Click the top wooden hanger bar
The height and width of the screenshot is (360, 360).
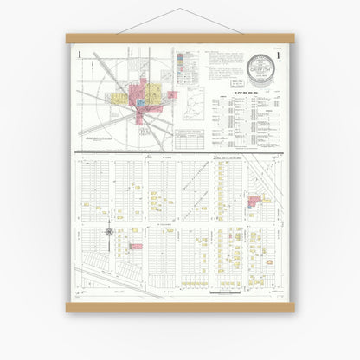180,38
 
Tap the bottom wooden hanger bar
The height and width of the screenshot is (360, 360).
180,307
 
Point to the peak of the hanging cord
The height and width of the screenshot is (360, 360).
181,10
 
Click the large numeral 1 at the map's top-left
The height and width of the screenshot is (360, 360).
79,55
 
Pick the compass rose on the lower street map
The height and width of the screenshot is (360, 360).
109,232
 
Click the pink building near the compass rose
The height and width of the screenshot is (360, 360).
136,247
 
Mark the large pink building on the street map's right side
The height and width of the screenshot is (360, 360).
254,201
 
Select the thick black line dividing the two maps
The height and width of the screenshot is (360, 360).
180,154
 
